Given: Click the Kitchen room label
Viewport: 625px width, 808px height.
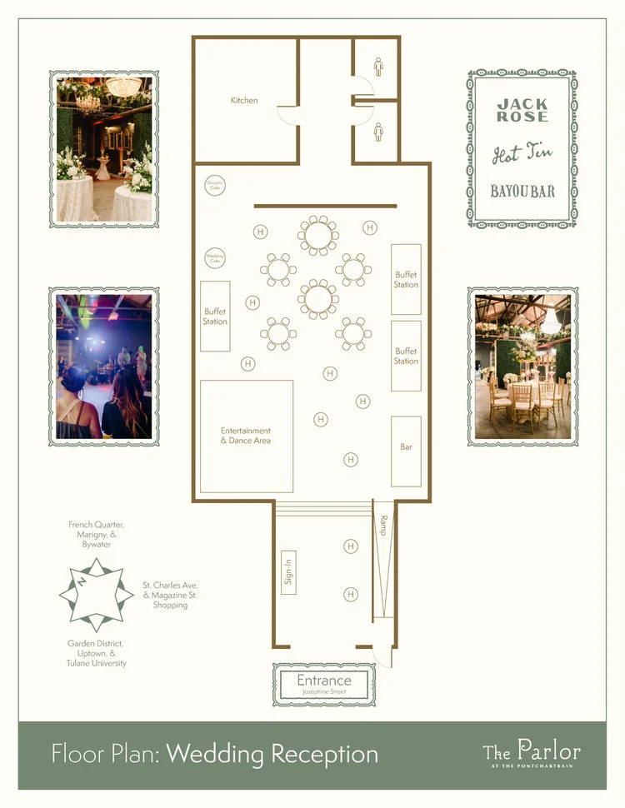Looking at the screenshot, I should pos(244,101).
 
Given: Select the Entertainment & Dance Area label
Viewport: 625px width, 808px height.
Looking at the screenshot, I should pos(246,436).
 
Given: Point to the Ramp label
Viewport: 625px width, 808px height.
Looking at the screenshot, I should pos(383,526).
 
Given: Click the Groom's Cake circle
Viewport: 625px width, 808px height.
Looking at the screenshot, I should pos(215,186).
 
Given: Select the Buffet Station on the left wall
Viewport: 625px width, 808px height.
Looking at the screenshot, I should pos(215,317).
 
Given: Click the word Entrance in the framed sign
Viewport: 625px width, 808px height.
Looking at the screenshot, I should pos(324,681).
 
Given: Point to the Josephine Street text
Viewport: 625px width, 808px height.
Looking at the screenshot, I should pos(324,692).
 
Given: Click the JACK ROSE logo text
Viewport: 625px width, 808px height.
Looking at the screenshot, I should pos(522,111).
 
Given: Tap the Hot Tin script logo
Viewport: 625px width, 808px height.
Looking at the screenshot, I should pos(522,154).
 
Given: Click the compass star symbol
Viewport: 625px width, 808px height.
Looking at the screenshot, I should pos(96,595).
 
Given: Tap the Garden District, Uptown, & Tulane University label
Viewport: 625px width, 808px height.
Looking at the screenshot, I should pos(97,653).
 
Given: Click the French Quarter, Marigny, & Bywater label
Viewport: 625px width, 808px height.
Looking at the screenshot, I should pos(97,534).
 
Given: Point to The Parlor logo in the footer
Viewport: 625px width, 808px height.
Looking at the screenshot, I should pos(532,751).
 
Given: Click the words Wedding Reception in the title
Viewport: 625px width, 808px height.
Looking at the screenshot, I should pos(272,755).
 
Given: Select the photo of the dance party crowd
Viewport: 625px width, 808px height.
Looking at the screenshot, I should pos(103,367).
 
